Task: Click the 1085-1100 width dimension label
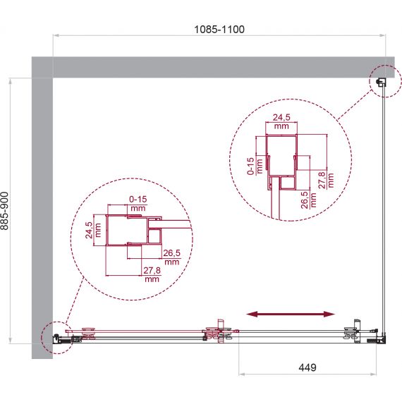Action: click(219, 30)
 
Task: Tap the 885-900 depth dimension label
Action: click(5, 211)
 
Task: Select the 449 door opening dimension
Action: click(307, 367)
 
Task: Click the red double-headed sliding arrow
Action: click(291, 314)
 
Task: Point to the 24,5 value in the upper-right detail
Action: click(281, 117)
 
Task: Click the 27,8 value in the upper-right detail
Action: click(322, 181)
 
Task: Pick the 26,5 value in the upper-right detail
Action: click(305, 200)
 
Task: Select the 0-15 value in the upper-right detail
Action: click(250, 166)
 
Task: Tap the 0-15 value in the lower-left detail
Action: click(138, 199)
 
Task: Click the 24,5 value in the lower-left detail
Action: click(89, 230)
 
